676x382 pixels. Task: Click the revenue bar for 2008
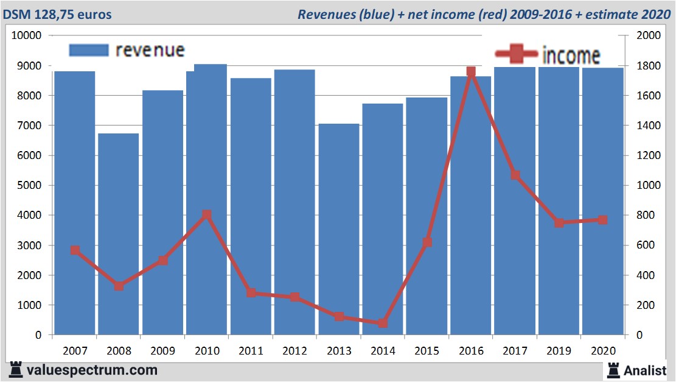pyautogui.click(x=119, y=235)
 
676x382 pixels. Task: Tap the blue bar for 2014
pyautogui.click(x=383, y=219)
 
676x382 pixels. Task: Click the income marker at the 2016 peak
pyautogui.click(x=471, y=72)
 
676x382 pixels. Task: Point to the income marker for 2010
pyautogui.click(x=207, y=214)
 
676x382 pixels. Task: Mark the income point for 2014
pyautogui.click(x=383, y=323)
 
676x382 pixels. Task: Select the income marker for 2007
pyautogui.click(x=75, y=250)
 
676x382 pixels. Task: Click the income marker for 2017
pyautogui.click(x=515, y=175)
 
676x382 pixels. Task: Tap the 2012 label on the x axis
pyautogui.click(x=295, y=351)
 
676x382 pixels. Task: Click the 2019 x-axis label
pyautogui.click(x=559, y=351)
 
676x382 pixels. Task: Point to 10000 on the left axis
pyautogui.click(x=27, y=35)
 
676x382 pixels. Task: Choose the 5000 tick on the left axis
pyautogui.click(x=29, y=185)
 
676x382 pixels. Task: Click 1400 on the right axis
pyautogui.click(x=647, y=126)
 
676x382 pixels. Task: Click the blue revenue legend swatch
pyautogui.click(x=89, y=51)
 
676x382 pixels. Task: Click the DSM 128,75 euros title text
pyautogui.click(x=58, y=14)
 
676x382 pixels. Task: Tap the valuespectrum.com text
pyautogui.click(x=92, y=370)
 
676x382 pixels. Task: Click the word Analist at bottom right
pyautogui.click(x=646, y=370)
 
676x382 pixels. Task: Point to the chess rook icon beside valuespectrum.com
pyautogui.click(x=15, y=369)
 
